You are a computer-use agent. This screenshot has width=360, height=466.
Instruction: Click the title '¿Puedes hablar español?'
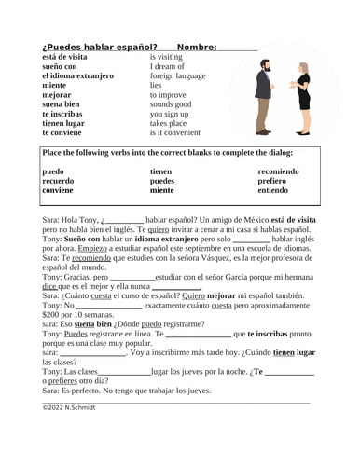click(99, 47)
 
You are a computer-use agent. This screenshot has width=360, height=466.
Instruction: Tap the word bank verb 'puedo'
click(55, 171)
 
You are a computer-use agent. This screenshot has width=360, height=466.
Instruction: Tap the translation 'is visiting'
click(167, 57)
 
